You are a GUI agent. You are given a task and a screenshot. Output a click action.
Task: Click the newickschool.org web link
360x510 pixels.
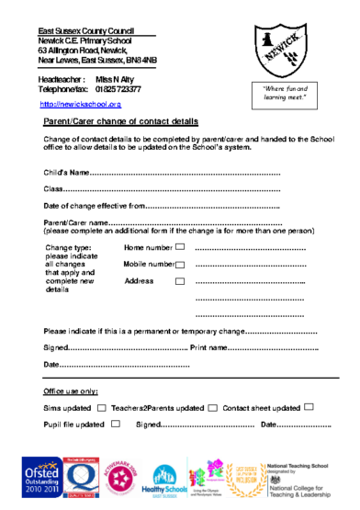point(81,104)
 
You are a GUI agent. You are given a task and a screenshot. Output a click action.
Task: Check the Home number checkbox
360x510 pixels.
point(180,247)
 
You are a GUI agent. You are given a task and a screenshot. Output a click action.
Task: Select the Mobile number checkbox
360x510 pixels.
point(180,265)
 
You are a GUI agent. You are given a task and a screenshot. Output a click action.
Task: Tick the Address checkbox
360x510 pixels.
point(180,280)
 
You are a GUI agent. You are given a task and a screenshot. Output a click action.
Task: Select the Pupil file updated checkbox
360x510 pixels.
point(115,425)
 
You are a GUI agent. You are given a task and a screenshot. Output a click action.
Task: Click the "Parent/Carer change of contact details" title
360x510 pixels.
point(120,121)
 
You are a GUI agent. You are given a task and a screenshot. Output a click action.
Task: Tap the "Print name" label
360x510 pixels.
point(208,348)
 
